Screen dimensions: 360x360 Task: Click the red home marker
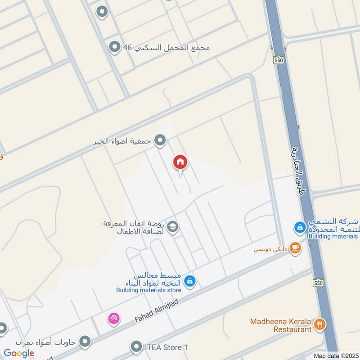point(180,163)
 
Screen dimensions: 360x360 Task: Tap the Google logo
point(19,353)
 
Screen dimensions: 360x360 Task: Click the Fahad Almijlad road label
point(157,311)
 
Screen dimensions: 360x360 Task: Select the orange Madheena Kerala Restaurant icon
point(319,324)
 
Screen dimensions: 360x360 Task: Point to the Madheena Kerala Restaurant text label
point(281,325)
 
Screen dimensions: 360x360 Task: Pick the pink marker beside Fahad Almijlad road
point(113,319)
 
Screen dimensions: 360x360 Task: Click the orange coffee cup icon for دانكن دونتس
point(295,247)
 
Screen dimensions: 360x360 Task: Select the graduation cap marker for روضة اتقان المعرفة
point(172,228)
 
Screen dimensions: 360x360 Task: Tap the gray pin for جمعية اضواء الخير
point(160,141)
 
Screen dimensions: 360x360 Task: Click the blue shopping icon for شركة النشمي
point(300,228)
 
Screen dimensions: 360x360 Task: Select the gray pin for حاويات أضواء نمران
point(84,342)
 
